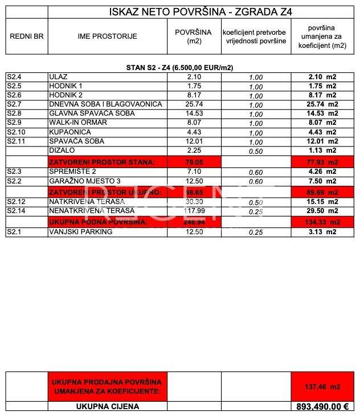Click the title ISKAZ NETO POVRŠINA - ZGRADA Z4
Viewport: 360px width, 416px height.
202,12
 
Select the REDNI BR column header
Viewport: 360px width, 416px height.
27,36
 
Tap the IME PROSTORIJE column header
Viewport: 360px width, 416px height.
108,36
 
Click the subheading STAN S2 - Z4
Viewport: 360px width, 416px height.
180,67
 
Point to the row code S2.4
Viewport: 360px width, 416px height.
14,77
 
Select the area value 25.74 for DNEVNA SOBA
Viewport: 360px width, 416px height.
194,105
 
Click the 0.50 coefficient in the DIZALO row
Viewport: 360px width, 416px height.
256,151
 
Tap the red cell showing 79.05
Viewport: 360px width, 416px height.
194,162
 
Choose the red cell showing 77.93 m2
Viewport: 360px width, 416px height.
322,162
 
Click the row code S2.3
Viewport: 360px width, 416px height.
14,171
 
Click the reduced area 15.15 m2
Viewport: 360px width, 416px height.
322,201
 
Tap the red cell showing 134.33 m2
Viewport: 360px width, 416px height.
322,222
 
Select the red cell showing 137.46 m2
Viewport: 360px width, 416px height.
322,386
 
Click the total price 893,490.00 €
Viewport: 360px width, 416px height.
322,407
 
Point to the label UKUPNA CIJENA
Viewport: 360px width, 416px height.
108,407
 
